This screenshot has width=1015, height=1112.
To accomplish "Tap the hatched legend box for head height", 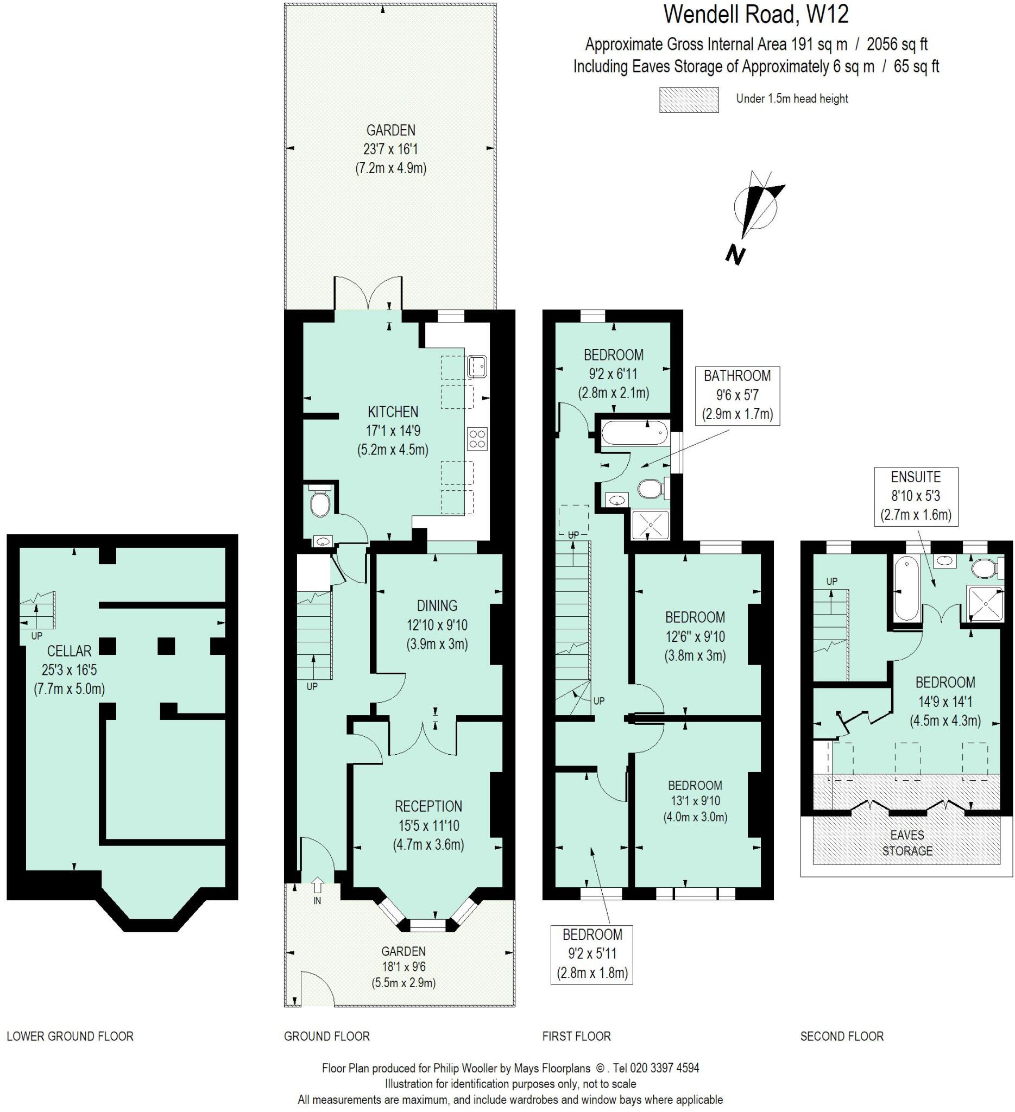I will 689,100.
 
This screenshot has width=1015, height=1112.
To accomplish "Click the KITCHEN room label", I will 393,412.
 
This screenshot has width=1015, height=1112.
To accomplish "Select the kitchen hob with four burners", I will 477,439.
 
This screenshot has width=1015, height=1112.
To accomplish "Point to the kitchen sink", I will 476,367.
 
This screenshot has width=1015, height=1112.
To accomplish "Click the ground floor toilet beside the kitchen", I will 320,501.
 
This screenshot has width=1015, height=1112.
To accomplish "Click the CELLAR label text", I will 70,651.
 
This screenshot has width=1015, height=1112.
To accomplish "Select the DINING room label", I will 437,605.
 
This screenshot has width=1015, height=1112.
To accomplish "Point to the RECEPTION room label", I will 428,806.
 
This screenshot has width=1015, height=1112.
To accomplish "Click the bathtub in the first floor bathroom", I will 634,432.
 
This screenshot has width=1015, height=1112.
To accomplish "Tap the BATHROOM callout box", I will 737,395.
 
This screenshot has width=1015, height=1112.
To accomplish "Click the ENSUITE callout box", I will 916,496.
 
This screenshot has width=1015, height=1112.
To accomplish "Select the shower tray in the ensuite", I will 983,604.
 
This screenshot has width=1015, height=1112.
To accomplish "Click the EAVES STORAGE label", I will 907,843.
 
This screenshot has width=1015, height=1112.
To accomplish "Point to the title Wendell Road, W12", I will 756,15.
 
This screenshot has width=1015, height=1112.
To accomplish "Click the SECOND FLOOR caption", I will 842,1037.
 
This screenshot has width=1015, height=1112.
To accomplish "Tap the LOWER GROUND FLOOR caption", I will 70,1037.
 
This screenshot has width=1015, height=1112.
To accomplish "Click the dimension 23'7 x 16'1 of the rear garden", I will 390,149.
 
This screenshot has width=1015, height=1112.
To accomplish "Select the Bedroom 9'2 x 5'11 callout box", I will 592,954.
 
